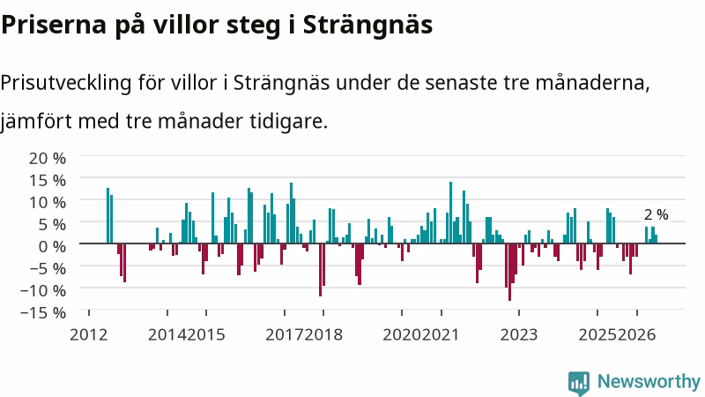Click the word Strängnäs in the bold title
[367, 26]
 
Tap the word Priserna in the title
[54, 26]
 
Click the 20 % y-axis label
[48, 159]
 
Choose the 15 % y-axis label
[48, 181]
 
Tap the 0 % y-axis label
[52, 246]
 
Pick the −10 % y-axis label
[43, 290]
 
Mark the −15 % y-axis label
[43, 312]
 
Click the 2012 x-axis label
[89, 335]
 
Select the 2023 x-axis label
[519, 335]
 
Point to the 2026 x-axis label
[636, 335]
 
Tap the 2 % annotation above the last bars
[656, 214]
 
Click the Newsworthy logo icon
[579, 383]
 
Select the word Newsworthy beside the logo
[649, 381]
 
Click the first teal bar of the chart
[108, 215]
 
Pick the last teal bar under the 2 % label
[656, 239]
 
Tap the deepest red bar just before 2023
[509, 272]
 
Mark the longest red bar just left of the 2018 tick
[320, 270]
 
